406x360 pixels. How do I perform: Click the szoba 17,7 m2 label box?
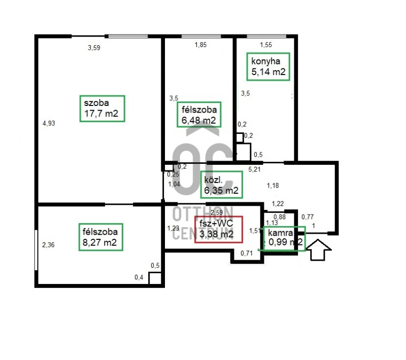click(x=103, y=109)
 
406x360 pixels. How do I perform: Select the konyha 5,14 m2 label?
click(x=268, y=66)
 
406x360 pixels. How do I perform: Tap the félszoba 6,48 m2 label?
click(x=199, y=115)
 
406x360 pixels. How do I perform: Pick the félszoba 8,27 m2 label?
click(x=100, y=237)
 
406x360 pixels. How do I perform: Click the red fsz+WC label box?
click(x=219, y=229)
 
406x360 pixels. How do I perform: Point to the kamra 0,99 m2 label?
click(x=284, y=238)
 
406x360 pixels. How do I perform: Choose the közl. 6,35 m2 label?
click(x=221, y=185)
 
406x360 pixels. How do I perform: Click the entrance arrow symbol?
click(x=318, y=249)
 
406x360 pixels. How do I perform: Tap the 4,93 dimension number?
click(x=49, y=123)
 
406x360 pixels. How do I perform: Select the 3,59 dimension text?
click(x=94, y=48)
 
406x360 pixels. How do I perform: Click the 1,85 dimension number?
click(x=200, y=45)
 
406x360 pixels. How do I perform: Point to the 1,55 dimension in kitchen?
click(x=266, y=45)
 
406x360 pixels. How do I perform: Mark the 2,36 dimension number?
click(x=48, y=245)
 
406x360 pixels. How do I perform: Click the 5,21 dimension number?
click(x=254, y=169)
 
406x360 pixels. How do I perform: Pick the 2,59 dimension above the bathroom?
click(x=217, y=212)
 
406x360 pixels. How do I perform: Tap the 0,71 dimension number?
click(x=247, y=253)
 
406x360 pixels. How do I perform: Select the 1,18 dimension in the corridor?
click(x=273, y=186)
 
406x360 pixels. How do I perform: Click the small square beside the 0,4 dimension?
click(x=155, y=278)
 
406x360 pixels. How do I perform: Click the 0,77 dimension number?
click(x=308, y=217)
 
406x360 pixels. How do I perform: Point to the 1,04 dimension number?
click(x=174, y=184)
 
